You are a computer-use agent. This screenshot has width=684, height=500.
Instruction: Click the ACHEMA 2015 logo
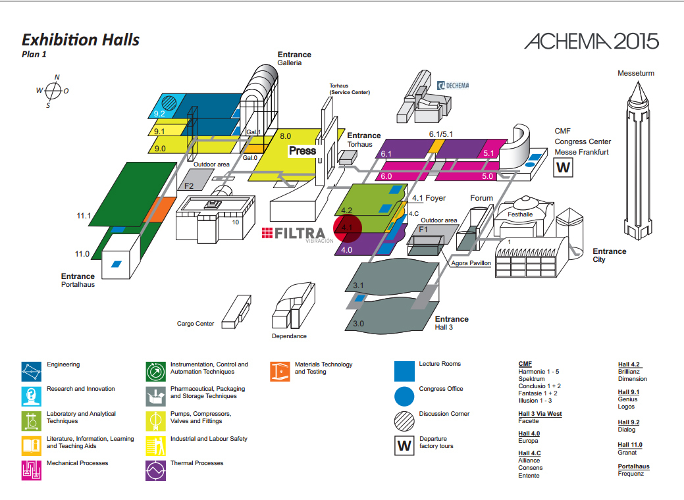point(592,41)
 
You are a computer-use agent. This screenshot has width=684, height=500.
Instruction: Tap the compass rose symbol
point(53,91)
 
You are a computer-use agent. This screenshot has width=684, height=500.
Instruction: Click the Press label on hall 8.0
point(302,151)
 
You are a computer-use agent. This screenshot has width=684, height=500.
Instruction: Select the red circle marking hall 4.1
point(348,228)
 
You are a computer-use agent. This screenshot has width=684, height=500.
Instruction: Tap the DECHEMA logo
point(453,86)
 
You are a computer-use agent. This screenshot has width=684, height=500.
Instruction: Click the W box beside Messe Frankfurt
point(563,167)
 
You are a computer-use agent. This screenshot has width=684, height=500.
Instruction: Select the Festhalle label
point(520,214)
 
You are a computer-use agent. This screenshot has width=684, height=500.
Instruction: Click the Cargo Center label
point(196,324)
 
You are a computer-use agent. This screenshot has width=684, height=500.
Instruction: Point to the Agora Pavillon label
point(471,263)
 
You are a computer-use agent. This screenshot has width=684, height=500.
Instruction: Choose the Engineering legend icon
point(32,372)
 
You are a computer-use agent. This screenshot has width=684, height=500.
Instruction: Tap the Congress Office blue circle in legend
point(404,397)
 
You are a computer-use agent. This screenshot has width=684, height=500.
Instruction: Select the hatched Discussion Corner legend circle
point(404,421)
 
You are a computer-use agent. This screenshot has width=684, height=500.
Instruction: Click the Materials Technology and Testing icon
point(280,372)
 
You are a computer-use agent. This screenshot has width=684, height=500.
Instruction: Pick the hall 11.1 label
point(84,216)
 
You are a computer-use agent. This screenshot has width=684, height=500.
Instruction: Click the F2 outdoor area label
point(189,186)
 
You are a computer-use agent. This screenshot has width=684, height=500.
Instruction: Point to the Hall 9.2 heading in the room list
point(629,422)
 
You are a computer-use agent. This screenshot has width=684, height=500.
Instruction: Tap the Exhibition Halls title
point(81,40)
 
